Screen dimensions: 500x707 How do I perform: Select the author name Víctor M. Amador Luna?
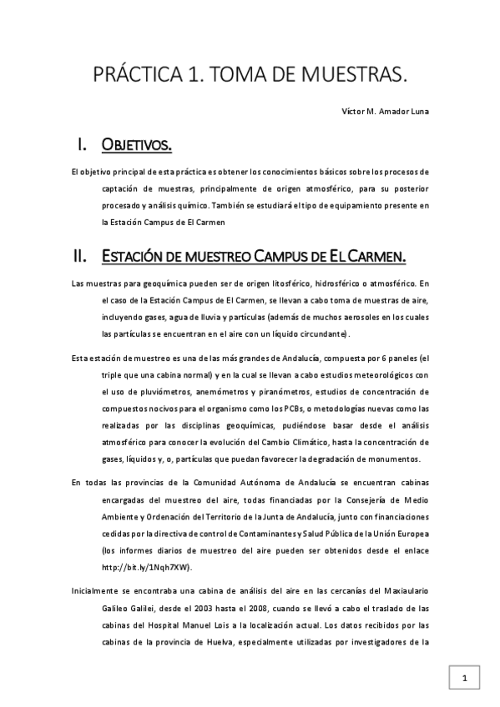[x=386, y=113]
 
